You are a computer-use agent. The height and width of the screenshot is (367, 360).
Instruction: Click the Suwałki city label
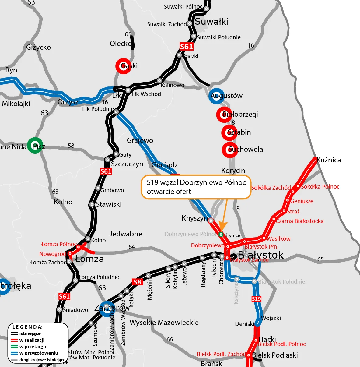[211, 22]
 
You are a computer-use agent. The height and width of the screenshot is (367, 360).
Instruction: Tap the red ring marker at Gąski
[123, 66]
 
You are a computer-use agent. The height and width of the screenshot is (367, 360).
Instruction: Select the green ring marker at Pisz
[35, 146]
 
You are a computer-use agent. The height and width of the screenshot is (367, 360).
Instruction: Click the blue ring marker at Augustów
[217, 96]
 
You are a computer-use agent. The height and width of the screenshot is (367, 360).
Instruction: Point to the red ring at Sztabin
[229, 132]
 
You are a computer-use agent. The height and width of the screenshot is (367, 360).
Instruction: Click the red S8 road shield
[137, 282]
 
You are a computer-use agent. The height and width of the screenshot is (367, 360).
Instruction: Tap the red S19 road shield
[257, 299]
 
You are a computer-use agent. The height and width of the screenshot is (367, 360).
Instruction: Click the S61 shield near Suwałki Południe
[187, 47]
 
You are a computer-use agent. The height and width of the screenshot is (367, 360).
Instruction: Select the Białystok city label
[260, 255]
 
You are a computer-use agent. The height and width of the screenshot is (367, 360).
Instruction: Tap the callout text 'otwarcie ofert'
[169, 192]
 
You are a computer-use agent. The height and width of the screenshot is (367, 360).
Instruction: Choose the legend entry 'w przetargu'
[33, 347]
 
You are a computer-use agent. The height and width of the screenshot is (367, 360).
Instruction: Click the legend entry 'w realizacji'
[32, 340]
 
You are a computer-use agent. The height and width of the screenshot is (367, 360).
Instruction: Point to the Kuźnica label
[329, 160]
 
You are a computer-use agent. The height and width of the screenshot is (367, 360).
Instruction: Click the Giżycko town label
[38, 47]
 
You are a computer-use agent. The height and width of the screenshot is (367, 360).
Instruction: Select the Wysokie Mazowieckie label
[164, 323]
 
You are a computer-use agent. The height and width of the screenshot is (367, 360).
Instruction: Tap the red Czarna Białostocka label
[299, 221]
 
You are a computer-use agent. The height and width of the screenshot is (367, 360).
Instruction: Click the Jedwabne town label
[126, 234]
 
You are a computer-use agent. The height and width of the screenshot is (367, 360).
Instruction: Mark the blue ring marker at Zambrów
[107, 309]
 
